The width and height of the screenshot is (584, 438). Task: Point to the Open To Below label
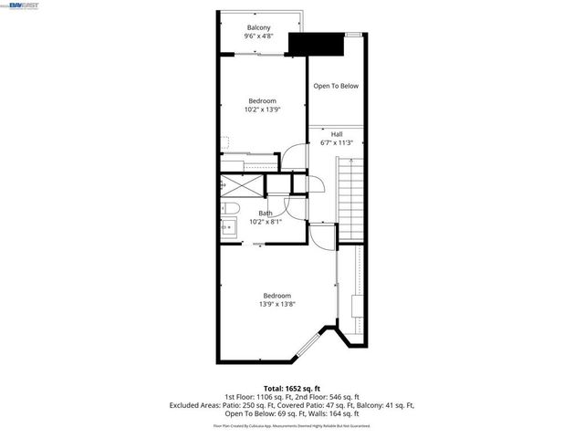pos(336,86)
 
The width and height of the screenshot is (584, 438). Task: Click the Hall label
pos(337,134)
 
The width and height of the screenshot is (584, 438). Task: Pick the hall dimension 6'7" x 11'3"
pos(337,143)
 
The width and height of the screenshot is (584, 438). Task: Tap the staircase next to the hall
pos(351,196)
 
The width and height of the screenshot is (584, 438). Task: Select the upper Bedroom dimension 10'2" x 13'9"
pos(262,109)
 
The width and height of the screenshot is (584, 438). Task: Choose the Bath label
pos(265,213)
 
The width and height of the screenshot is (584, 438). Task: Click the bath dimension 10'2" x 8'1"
pos(265,222)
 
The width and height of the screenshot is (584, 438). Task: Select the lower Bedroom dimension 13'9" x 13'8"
pos(276,305)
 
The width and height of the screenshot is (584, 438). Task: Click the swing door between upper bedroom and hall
pos(293,158)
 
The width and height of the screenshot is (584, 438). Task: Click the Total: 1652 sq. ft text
pos(291,389)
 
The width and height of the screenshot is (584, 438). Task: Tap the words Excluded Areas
pos(191,405)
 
